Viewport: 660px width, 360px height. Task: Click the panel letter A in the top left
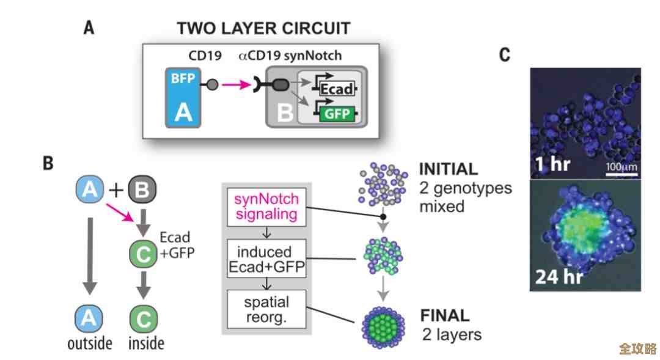[x=89, y=28]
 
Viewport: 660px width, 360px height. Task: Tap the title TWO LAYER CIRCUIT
[x=263, y=28]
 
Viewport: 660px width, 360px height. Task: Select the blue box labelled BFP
[x=183, y=97]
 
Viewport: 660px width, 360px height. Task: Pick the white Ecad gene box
[x=335, y=89]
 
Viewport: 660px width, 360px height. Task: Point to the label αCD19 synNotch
[x=290, y=56]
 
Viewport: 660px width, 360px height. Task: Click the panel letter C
[x=504, y=55]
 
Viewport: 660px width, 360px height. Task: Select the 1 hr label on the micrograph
[x=552, y=164]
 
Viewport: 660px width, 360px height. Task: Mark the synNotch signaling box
[x=266, y=206]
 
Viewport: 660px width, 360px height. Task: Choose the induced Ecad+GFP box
[x=266, y=259]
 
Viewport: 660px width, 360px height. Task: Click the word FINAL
[x=444, y=316]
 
